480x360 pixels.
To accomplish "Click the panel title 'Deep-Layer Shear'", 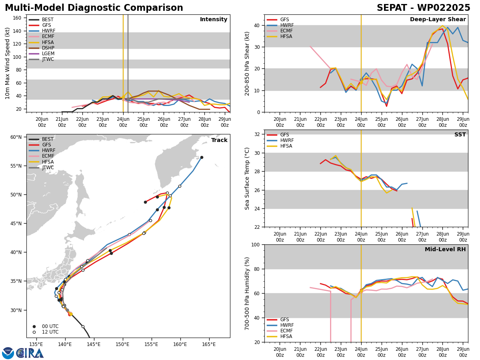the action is click(x=438, y=19).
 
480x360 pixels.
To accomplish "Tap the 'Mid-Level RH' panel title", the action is click(x=445, y=249).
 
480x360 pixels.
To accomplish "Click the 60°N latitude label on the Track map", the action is click(x=16, y=137).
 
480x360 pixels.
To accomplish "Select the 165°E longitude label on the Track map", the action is click(x=209, y=344).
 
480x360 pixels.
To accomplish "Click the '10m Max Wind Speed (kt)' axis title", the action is click(x=7, y=63).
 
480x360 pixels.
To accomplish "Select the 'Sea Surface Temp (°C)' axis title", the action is click(x=247, y=178).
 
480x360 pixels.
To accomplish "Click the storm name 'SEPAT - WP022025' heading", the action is click(x=423, y=8).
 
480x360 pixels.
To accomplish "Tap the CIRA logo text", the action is click(x=30, y=353).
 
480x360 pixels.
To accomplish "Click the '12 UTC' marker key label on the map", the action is click(x=50, y=332).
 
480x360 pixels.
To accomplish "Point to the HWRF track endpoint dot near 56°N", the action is click(x=202, y=157).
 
